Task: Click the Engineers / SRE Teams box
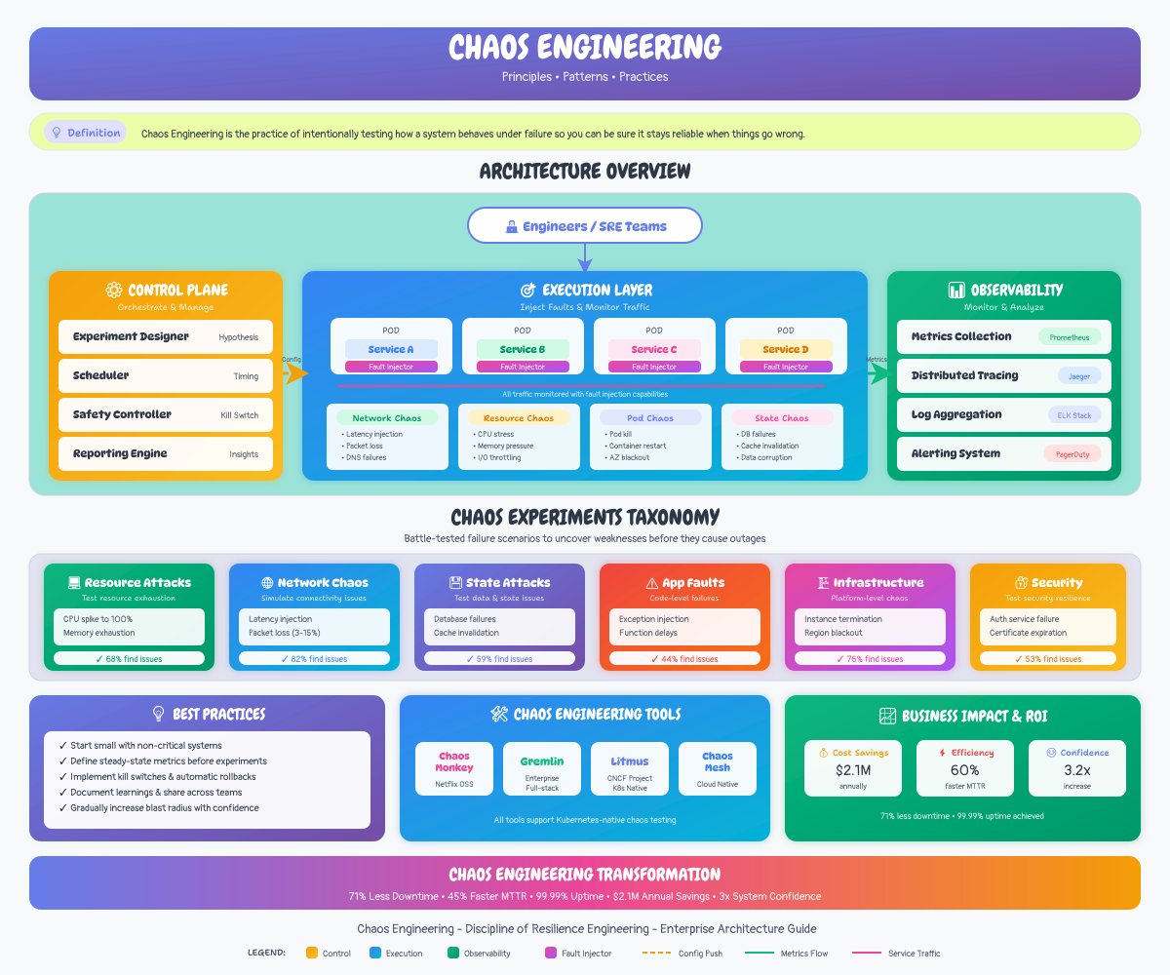click(x=585, y=225)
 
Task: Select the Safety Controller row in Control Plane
click(x=166, y=414)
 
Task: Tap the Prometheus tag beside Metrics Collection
click(x=1070, y=336)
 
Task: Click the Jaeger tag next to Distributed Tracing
click(x=1079, y=375)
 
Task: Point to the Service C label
click(x=654, y=349)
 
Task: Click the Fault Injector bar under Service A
click(x=391, y=367)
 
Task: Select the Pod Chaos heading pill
click(x=650, y=417)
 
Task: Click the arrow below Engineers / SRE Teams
click(x=585, y=257)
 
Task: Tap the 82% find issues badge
click(x=314, y=658)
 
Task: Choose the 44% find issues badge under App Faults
click(x=684, y=658)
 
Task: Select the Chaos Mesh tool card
click(x=718, y=768)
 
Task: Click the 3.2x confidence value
click(x=1076, y=770)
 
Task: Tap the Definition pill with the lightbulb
click(x=86, y=133)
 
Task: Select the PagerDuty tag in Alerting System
click(x=1072, y=453)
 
